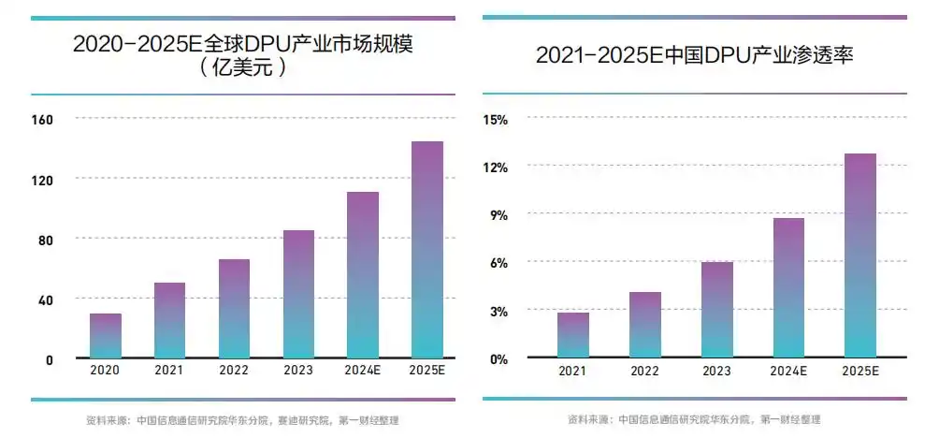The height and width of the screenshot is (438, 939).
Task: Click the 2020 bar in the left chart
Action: (x=105, y=335)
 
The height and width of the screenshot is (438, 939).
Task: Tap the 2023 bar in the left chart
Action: (x=298, y=294)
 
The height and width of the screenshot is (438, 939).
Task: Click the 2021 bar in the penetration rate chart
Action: (x=573, y=334)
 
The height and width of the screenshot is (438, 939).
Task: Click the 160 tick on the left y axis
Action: (x=43, y=120)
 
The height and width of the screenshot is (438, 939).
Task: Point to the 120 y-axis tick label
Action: (x=43, y=180)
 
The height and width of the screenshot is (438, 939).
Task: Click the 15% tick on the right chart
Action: (x=496, y=120)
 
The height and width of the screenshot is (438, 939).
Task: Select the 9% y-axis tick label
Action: (x=498, y=215)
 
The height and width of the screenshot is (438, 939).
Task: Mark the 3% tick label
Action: (x=498, y=311)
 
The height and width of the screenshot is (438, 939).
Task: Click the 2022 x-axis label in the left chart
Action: (x=234, y=371)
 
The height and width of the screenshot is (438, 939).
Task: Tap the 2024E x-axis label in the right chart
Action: (x=789, y=372)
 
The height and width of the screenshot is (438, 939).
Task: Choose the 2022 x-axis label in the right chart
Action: (x=645, y=372)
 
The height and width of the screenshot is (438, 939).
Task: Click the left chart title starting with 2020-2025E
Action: (x=243, y=44)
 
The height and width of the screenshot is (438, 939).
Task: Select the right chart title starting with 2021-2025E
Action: (x=695, y=56)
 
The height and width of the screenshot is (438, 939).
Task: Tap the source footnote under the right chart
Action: (x=694, y=419)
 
